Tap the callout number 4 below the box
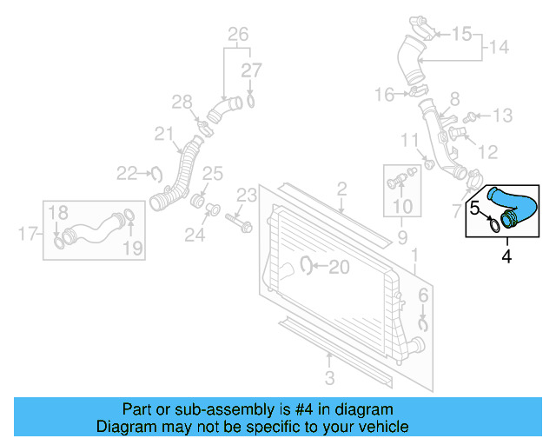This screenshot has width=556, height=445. pyautogui.click(x=506, y=256)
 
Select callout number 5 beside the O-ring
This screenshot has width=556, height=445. pyautogui.click(x=476, y=208)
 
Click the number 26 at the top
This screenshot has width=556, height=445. pyautogui.click(x=238, y=35)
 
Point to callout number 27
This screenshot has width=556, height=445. pyautogui.click(x=251, y=70)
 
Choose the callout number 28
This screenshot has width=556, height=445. pyautogui.click(x=182, y=103)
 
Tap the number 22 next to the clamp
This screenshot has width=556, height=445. pyautogui.click(x=128, y=173)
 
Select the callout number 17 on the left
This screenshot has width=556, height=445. pyautogui.click(x=26, y=233)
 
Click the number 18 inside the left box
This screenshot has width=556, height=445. pyautogui.click(x=57, y=212)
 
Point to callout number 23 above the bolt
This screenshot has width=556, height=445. pyautogui.click(x=247, y=194)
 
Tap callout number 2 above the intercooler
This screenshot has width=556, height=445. pyautogui.click(x=341, y=188)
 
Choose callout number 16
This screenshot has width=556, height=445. pyautogui.click(x=385, y=94)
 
